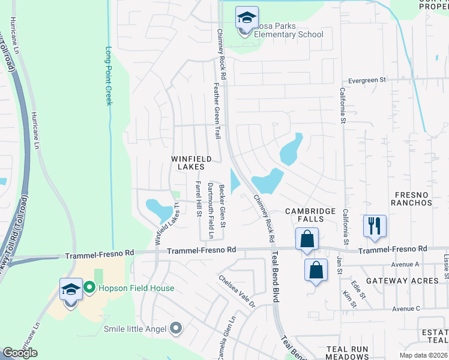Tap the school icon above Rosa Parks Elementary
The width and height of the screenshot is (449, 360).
click(246, 18)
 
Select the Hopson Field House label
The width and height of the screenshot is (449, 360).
click(137, 289)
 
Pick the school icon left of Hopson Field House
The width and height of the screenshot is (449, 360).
click(71, 290)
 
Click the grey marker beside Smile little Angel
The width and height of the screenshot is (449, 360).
click(176, 328)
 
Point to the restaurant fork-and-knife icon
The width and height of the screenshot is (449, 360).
click(375, 226)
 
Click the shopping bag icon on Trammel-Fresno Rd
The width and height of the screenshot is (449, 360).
click(307, 239)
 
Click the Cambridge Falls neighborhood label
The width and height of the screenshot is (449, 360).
click(310, 215)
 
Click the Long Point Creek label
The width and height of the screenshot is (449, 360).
click(109, 76)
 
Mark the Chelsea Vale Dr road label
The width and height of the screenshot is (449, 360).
click(237, 291)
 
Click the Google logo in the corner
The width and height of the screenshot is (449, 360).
click(20, 353)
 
